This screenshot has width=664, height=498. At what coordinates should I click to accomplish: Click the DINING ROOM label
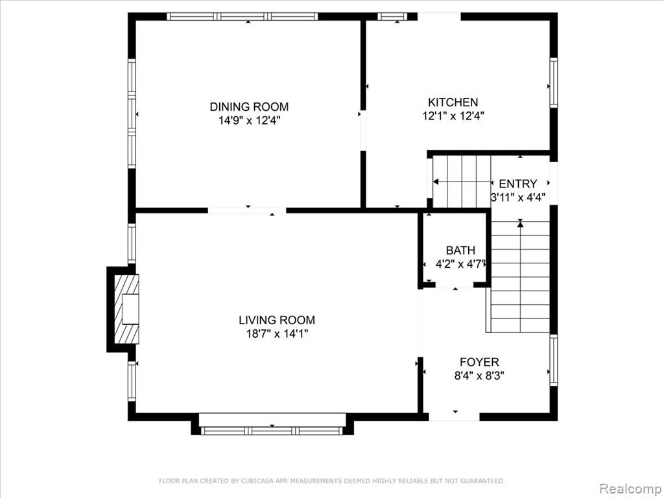coord(249,107)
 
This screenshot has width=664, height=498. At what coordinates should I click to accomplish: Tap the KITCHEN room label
coord(453,102)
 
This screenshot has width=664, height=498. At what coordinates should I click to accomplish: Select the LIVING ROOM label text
coord(277,320)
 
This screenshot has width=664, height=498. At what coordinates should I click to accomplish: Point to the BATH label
coord(460,250)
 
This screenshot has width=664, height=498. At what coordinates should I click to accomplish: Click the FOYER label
coord(479,362)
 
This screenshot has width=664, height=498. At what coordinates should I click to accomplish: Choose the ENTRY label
coord(518,184)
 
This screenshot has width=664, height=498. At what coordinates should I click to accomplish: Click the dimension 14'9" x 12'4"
coord(250,121)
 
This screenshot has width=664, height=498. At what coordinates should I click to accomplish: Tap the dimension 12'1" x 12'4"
coord(453,115)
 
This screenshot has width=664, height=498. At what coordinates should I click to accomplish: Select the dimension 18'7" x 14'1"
coord(277,334)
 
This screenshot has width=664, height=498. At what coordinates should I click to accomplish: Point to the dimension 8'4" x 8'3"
coord(479,375)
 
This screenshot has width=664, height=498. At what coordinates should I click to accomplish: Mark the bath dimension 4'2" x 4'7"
coord(460,265)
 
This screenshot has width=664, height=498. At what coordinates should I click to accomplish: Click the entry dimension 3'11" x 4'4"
coord(518,197)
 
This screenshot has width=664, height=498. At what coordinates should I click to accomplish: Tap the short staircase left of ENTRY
coord(462,182)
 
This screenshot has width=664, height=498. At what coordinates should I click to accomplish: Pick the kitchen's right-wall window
coord(554,82)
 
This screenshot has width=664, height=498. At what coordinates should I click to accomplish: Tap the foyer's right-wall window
coord(554,361)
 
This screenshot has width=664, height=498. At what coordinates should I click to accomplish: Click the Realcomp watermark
coord(631,489)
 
